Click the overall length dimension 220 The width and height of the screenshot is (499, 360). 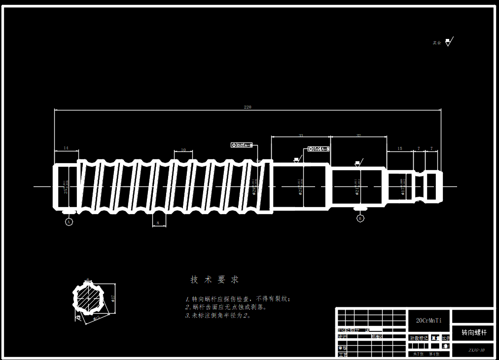click(248, 107)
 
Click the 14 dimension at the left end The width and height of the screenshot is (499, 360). click(66, 148)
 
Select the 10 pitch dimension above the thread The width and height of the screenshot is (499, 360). click(183, 150)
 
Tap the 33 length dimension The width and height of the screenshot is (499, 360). click(301, 135)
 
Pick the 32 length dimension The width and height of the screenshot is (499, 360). click(358, 135)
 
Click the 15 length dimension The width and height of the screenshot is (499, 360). click(399, 148)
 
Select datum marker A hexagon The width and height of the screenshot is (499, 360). click(69, 222)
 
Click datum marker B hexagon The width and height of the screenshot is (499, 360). click(360, 218)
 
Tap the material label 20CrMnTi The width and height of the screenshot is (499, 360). click(429, 321)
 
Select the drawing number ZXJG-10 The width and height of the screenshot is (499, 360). click(476, 351)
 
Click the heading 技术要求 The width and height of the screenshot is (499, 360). click(214, 280)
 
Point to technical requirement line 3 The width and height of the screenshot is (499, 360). click(218, 316)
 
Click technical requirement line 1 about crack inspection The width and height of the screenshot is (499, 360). click(239, 299)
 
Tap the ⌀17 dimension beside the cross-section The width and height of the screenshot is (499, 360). click(113, 298)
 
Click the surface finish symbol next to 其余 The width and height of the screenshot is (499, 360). click(448, 42)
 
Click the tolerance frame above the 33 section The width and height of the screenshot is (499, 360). click(319, 149)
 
